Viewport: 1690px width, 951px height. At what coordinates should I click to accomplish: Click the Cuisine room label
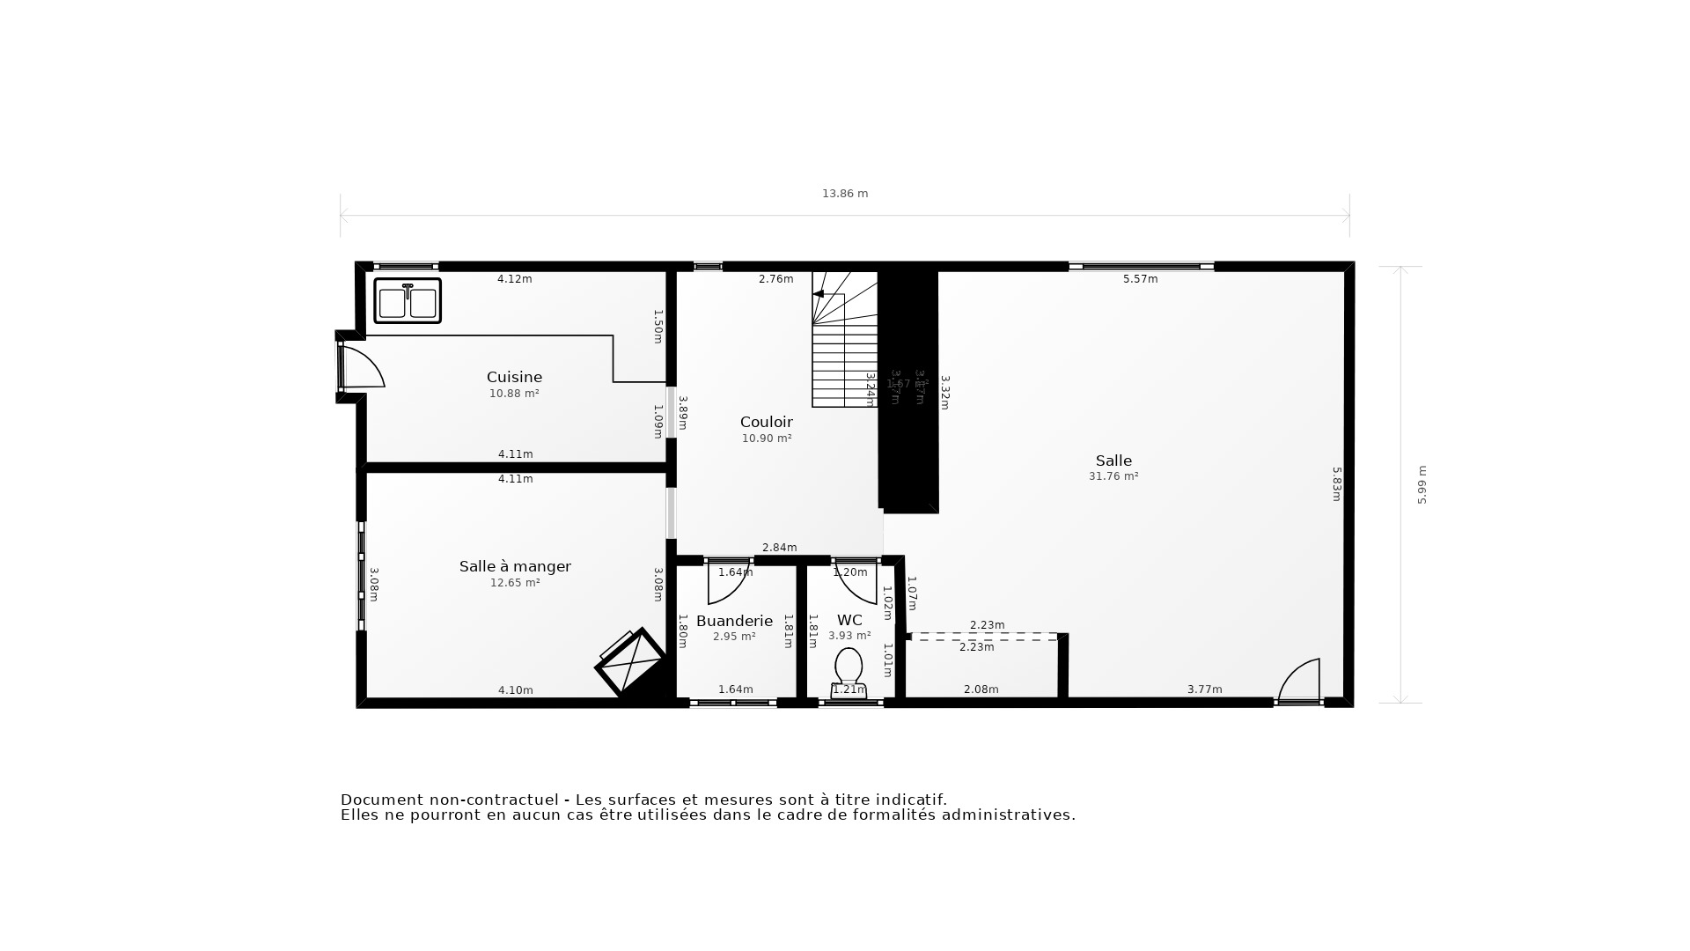[x=514, y=378]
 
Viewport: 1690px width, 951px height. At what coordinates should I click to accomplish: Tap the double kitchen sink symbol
[x=408, y=301]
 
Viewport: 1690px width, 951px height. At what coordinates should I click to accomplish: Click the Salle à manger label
[x=515, y=567]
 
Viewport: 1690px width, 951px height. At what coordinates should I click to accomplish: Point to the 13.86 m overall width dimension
[x=845, y=194]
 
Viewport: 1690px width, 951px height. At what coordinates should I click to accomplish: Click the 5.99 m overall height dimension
[x=1422, y=485]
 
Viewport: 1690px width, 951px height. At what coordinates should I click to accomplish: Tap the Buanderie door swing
[x=727, y=583]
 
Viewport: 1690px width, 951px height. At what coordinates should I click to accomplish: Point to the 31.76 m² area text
[x=1113, y=476]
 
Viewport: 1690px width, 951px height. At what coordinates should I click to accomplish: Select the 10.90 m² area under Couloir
[x=766, y=439]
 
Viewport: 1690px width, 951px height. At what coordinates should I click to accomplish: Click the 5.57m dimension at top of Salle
[x=1140, y=279]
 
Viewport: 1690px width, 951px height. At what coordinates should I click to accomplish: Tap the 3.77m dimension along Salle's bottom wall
[x=1204, y=689]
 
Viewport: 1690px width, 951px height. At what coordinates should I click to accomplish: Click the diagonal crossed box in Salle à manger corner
[x=630, y=662]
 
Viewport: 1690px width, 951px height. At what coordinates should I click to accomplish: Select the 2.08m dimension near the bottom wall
[x=981, y=689]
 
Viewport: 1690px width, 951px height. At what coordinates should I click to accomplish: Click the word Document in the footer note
[x=382, y=800]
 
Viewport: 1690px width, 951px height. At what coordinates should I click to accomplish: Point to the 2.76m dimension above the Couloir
[x=775, y=279]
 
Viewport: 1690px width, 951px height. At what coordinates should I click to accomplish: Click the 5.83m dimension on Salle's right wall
[x=1336, y=484]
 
